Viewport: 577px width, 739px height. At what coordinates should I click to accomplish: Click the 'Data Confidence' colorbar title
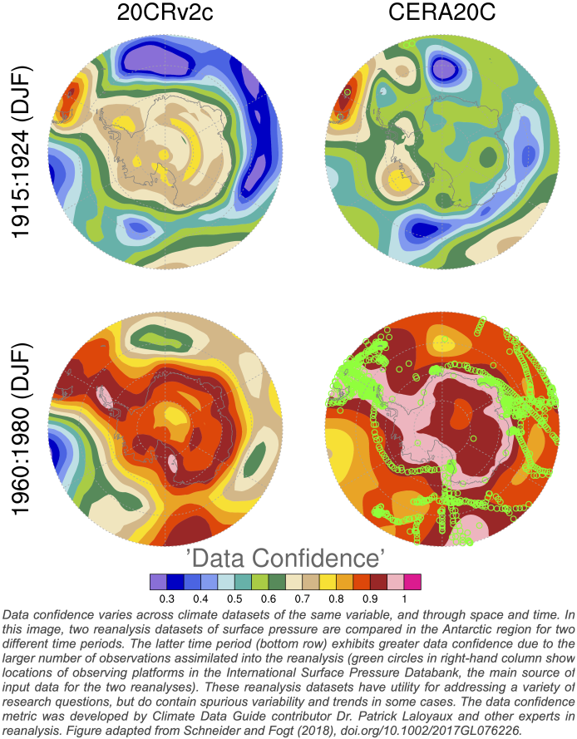(287, 554)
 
